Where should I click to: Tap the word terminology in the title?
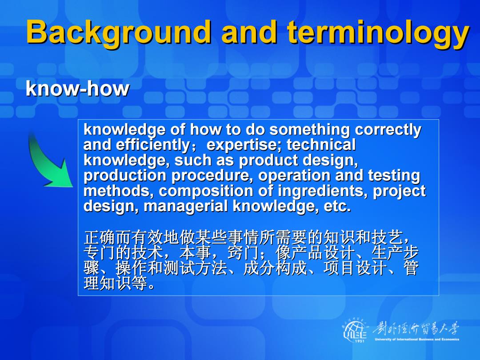(x=378, y=33)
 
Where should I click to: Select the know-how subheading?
(x=77, y=88)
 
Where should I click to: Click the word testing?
(x=394, y=176)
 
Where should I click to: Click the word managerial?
(x=185, y=206)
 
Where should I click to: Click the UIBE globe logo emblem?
(x=355, y=330)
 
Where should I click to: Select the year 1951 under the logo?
(x=360, y=341)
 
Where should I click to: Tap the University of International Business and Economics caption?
(x=417, y=339)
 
